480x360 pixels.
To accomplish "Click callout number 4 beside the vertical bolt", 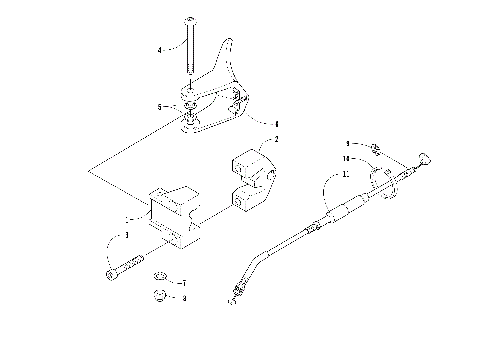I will [x=158, y=49].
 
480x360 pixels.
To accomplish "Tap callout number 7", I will [x=183, y=282].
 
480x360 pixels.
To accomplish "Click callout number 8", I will [x=183, y=297].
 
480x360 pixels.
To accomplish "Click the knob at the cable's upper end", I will [x=426, y=156].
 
